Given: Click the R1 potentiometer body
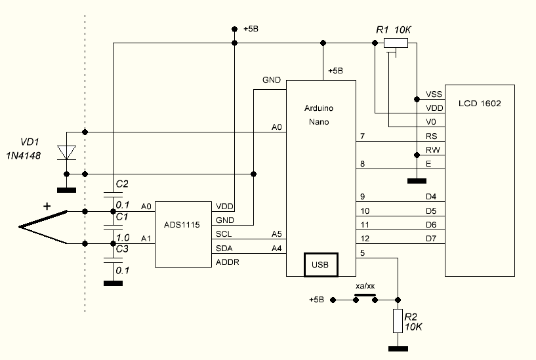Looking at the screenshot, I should [396, 43].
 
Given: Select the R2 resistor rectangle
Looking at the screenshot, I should [396, 321].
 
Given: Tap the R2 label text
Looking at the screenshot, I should [411, 316].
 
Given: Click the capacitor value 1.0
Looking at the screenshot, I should [122, 237].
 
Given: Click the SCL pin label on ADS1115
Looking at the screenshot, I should [223, 234].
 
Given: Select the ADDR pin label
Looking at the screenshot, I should [227, 262].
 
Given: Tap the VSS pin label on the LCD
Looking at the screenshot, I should [434, 94].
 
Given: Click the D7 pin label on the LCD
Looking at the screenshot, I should [431, 238].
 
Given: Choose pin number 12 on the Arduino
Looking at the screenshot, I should [365, 238].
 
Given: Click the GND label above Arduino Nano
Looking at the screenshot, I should [272, 80].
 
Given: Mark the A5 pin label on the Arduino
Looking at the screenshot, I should [276, 234].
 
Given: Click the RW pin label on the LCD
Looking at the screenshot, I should [432, 150].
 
